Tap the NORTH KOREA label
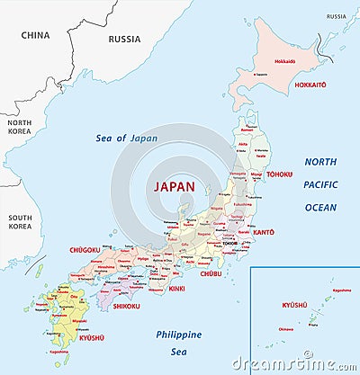(19, 126)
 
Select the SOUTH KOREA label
(19, 222)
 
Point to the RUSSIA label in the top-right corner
(336, 16)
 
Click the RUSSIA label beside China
(124, 39)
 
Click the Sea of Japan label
(127, 138)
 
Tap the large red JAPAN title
(175, 186)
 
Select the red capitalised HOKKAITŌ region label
(310, 85)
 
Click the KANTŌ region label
(263, 232)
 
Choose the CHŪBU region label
(211, 272)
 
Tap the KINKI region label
(176, 289)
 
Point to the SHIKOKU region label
(126, 306)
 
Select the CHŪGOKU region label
(85, 250)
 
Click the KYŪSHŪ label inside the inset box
(294, 306)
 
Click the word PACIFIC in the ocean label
(319, 184)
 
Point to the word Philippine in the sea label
(179, 334)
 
